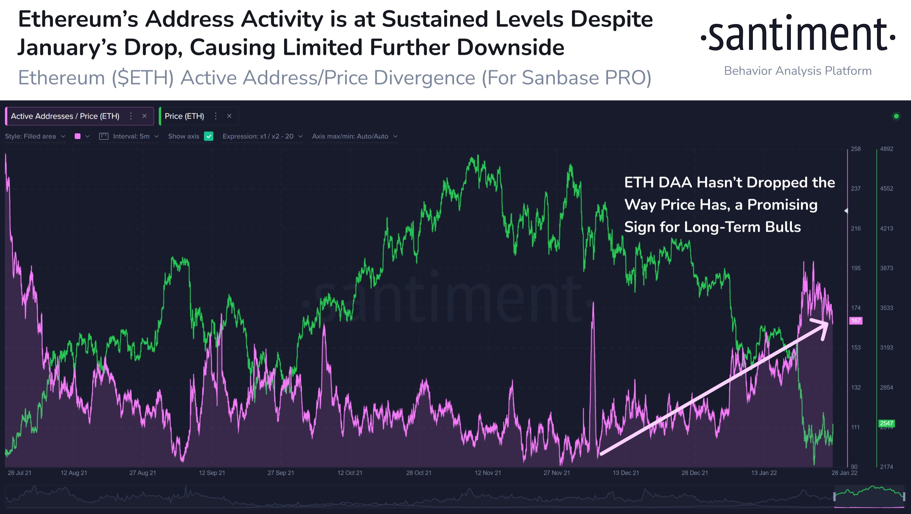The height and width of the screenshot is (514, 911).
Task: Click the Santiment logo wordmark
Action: [x=798, y=34]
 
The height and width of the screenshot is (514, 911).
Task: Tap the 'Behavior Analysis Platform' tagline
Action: [x=797, y=71]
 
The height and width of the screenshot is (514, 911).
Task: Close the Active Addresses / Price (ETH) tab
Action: [x=144, y=116]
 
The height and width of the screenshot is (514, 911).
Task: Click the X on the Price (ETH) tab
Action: [x=229, y=116]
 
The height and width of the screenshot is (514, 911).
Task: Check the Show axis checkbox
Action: [x=209, y=136]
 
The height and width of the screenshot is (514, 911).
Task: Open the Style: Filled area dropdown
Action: [x=35, y=136]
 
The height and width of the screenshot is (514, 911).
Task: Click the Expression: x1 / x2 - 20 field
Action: [x=262, y=136]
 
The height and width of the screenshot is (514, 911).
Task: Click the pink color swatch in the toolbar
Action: [x=78, y=136]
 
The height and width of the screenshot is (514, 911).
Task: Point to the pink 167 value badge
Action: [x=856, y=321]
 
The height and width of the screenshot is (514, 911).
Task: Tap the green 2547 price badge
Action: [x=886, y=423]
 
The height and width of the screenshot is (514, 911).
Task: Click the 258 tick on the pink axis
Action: [x=856, y=149]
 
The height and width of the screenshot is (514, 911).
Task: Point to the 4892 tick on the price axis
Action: [x=886, y=149]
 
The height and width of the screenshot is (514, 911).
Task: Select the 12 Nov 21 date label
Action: [x=487, y=473]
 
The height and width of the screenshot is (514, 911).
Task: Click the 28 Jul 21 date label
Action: [x=19, y=473]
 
